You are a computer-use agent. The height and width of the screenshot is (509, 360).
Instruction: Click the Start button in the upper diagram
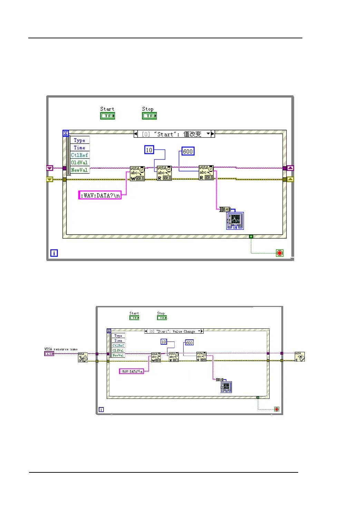107,116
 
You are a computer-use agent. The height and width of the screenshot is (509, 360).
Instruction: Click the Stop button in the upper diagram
149,116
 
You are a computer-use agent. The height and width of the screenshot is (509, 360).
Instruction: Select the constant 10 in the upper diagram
149,150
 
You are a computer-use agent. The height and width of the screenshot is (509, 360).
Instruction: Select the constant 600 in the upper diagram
188,151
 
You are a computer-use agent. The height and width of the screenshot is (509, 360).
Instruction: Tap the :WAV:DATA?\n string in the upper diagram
100,195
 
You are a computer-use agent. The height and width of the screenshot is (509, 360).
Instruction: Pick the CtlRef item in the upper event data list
79,155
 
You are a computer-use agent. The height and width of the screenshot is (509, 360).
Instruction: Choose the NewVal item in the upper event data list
79,170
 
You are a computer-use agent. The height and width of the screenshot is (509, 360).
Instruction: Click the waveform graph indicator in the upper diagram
235,221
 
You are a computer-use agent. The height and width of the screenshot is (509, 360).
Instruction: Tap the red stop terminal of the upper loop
280,253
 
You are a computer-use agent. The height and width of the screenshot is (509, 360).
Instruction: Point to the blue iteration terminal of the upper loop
54,253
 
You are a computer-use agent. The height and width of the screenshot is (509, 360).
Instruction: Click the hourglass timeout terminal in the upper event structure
66,133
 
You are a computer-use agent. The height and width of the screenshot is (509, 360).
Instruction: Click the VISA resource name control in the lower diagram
49,354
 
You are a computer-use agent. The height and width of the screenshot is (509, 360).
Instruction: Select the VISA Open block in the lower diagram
83,357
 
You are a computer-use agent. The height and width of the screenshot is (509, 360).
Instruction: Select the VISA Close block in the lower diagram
300,357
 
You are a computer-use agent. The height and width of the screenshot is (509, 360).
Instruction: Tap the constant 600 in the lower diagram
189,343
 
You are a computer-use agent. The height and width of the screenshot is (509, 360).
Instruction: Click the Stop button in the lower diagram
162,318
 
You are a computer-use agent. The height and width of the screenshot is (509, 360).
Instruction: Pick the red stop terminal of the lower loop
276,409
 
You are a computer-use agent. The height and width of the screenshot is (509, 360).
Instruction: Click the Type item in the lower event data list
118,336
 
